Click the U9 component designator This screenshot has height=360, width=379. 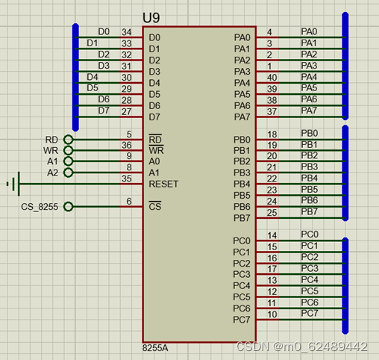(151, 18)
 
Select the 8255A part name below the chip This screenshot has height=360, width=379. (155, 348)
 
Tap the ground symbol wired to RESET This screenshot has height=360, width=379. (14, 184)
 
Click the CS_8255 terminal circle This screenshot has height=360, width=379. (68, 207)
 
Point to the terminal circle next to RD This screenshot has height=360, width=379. (68, 140)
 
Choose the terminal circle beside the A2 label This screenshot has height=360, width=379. (68, 173)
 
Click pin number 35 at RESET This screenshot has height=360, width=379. (127, 179)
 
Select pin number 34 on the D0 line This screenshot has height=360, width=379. (127, 32)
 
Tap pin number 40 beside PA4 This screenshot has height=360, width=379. (272, 78)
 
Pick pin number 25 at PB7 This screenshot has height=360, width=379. (272, 213)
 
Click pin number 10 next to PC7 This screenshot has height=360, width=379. (272, 314)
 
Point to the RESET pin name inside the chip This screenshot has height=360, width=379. (163, 184)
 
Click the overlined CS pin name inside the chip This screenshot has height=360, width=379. (155, 206)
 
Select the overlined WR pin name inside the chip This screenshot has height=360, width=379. (156, 150)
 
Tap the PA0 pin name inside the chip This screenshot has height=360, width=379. (242, 37)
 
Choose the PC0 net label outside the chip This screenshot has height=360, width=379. (310, 235)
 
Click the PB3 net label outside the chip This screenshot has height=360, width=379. (310, 167)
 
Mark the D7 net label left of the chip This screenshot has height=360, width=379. (104, 111)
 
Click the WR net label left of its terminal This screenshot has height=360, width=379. (51, 151)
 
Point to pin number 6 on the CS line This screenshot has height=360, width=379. (129, 201)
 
